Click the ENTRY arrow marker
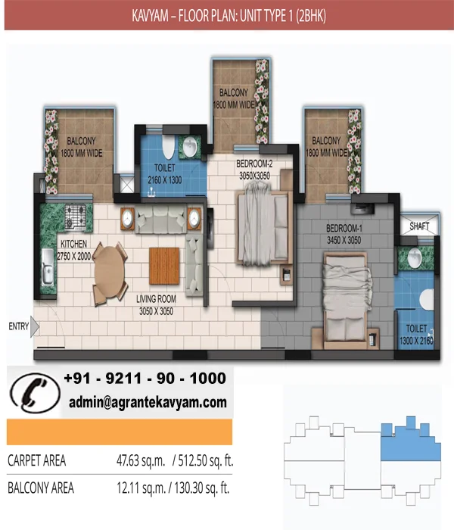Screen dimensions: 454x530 coord(35,327)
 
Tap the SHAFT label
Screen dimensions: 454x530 coord(419,226)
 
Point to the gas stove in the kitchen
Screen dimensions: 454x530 coord(76,217)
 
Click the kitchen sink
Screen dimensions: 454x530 coord(47,267)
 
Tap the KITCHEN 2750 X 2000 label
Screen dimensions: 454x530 coord(73,250)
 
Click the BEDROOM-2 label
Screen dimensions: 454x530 coord(254,164)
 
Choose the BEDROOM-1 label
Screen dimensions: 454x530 coord(344,228)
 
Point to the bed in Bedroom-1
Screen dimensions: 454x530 coord(345,298)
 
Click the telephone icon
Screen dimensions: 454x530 coord(35,393)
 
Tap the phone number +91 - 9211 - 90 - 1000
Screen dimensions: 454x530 coord(145,379)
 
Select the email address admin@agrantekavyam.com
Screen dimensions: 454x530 coord(148,402)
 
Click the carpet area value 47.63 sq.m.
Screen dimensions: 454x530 coord(141,460)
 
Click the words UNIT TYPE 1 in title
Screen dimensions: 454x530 coord(266,16)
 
